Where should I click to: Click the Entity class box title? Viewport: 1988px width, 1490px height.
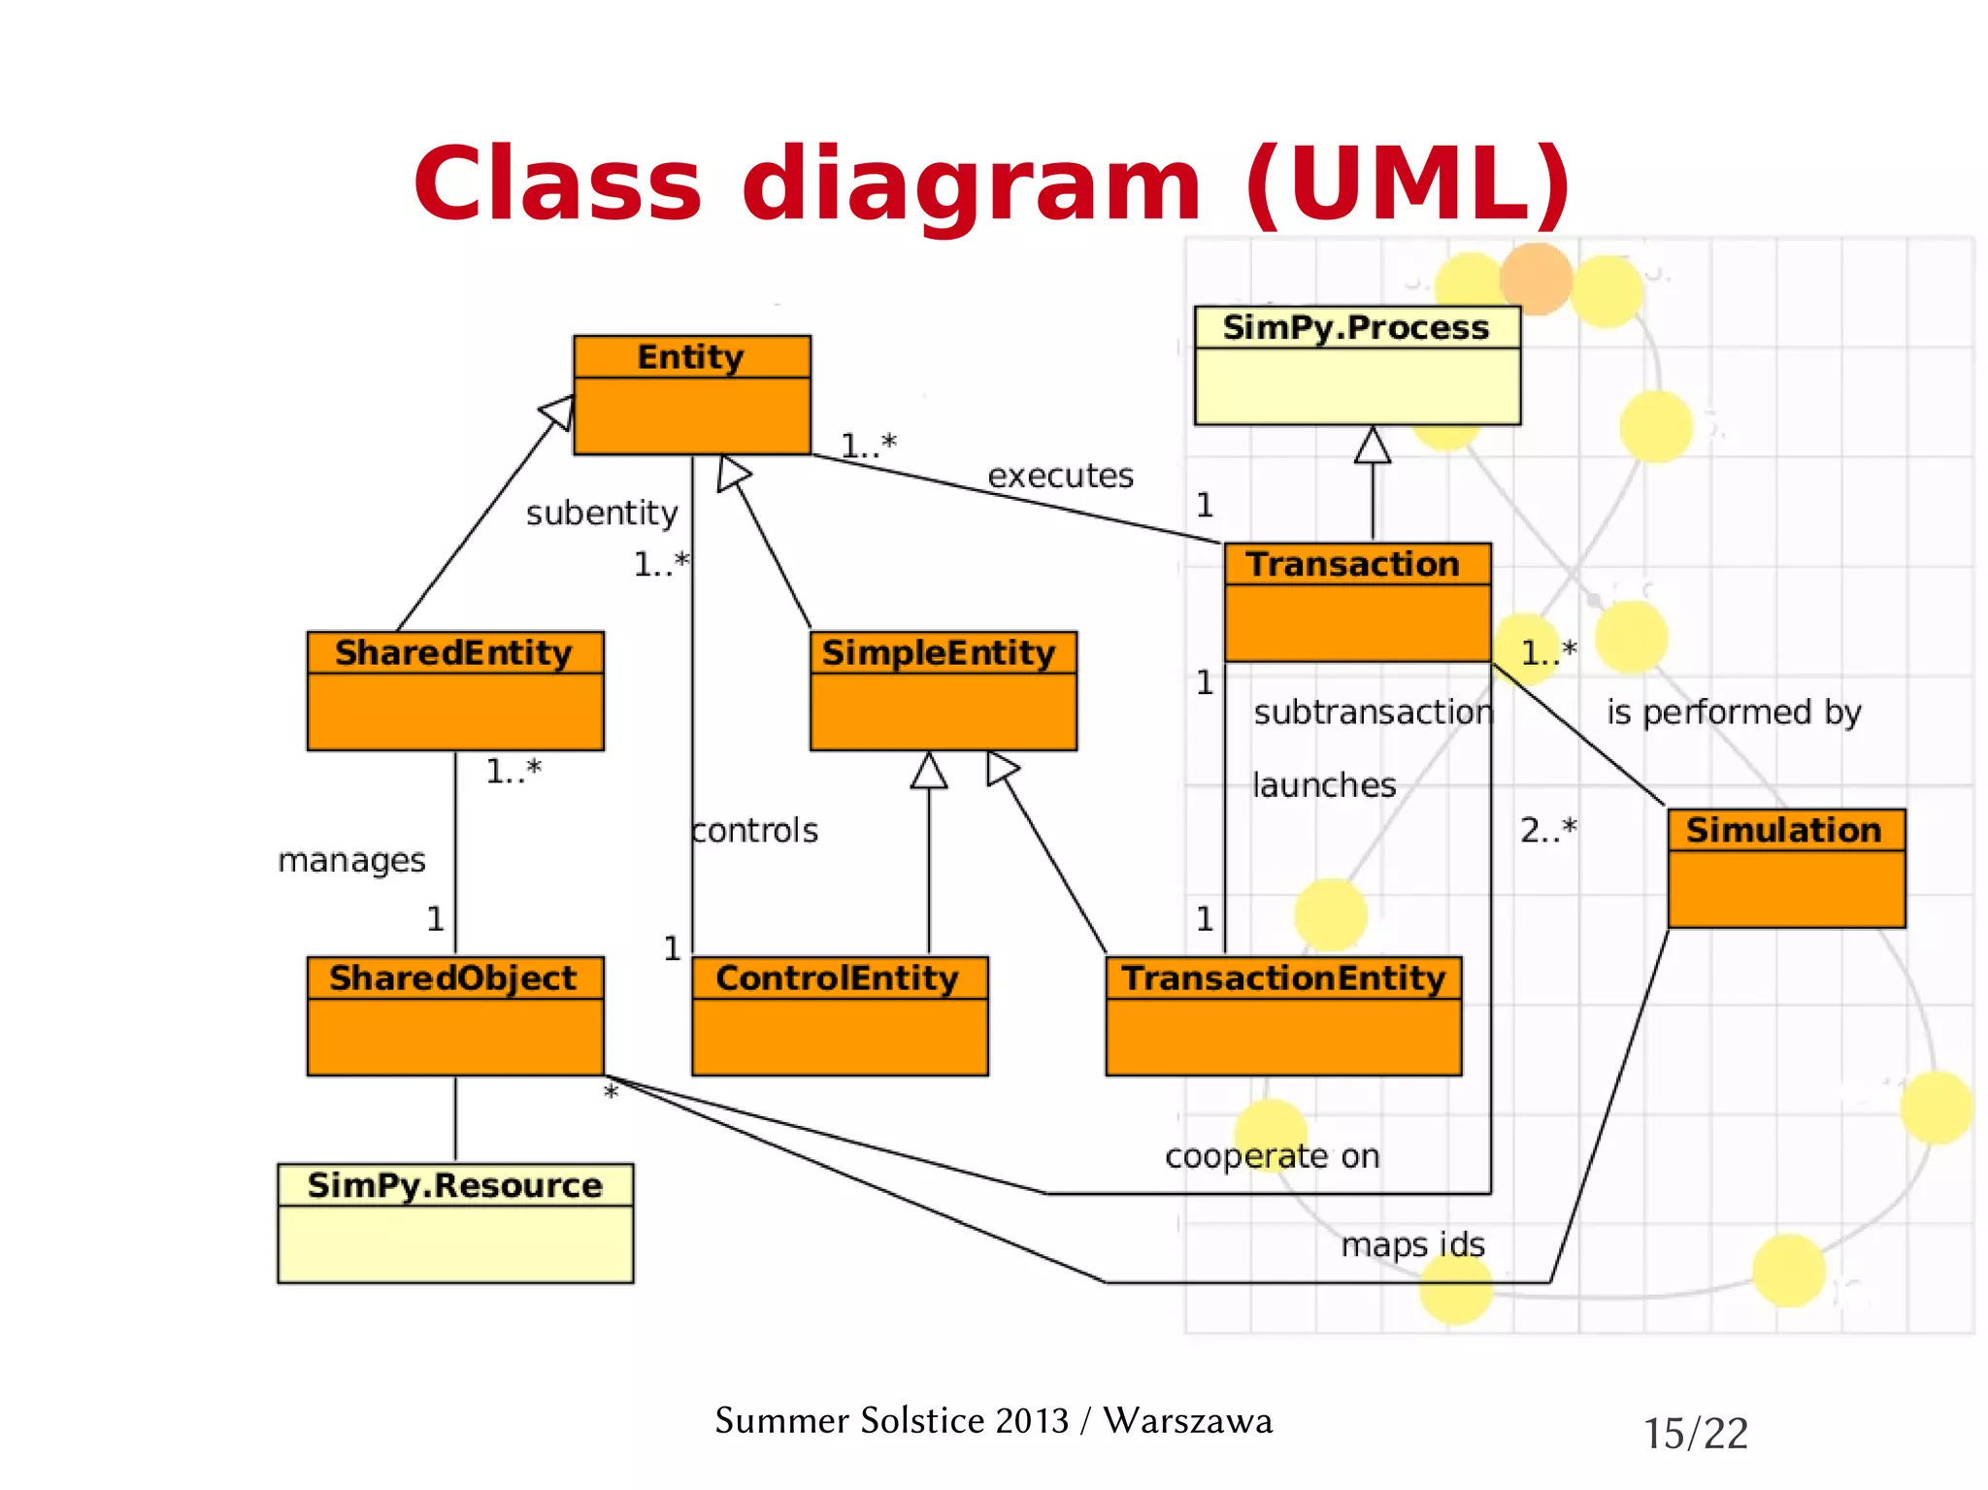click(x=690, y=357)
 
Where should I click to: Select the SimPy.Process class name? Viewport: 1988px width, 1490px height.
click(x=1355, y=327)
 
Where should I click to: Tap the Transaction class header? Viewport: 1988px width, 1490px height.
click(x=1353, y=564)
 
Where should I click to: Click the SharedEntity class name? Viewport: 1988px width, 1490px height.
click(x=453, y=652)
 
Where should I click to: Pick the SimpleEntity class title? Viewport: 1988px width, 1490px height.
click(x=939, y=652)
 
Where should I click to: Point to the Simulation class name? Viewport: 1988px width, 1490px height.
click(x=1783, y=830)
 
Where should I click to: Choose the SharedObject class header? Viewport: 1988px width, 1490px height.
click(x=453, y=977)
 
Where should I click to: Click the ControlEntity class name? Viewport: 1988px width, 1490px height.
click(x=837, y=977)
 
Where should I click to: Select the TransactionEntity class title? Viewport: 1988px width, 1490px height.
click(x=1283, y=977)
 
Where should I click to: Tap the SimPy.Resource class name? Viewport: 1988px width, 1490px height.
click(x=454, y=1185)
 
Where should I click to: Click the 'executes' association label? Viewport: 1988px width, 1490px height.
click(x=1060, y=476)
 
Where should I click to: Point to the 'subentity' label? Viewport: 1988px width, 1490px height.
click(x=602, y=513)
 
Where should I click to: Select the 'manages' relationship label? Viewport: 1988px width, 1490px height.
click(x=351, y=860)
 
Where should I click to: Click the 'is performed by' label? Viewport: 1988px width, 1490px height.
click(x=1734, y=712)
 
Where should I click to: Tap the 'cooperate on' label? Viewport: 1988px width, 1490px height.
click(x=1272, y=1156)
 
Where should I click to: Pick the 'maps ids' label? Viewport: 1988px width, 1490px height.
click(x=1412, y=1244)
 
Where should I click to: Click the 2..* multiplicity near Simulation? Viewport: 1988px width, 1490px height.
click(x=1548, y=830)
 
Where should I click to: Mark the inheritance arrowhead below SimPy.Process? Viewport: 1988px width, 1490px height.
click(x=1373, y=446)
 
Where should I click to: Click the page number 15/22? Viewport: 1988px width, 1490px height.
click(x=1695, y=1434)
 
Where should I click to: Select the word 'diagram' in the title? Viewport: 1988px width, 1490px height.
click(x=972, y=184)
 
